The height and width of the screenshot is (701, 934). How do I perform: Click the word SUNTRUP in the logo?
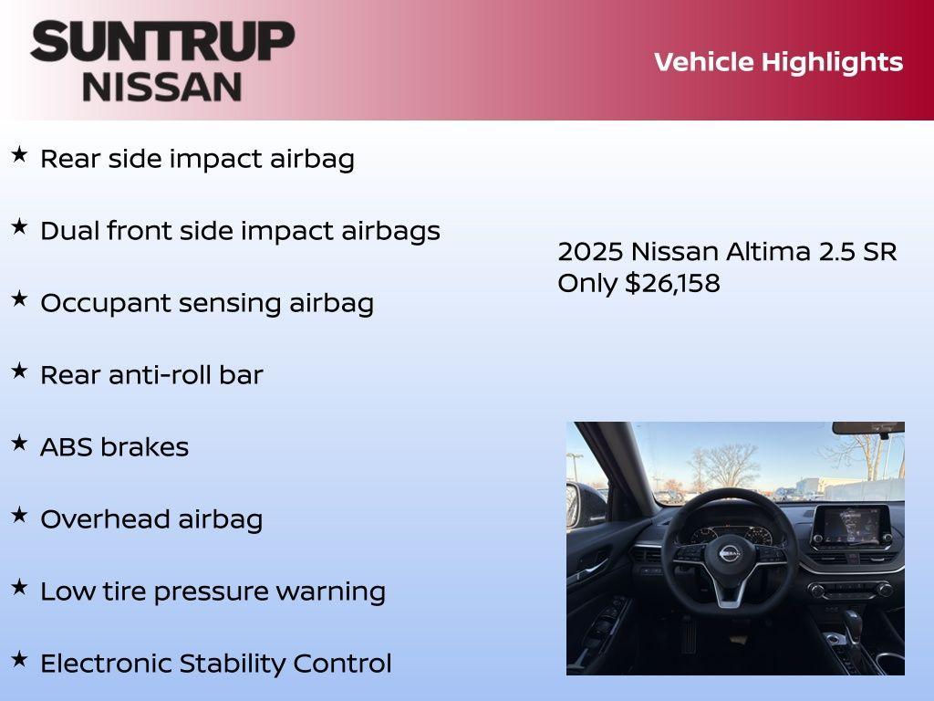162,42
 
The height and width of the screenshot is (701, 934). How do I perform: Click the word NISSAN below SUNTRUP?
162,86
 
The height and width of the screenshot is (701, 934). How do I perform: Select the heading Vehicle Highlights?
778,62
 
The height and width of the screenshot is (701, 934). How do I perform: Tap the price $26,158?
672,283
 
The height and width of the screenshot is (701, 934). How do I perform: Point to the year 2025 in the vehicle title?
590,252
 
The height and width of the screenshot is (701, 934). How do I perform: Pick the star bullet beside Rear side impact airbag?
19,155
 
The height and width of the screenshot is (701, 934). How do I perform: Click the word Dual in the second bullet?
70,231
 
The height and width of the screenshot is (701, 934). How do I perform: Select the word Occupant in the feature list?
100,303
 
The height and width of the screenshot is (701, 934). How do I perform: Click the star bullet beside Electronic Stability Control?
19,659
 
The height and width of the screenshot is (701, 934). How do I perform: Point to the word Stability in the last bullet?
233,664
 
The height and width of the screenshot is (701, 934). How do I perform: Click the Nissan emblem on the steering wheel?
731,553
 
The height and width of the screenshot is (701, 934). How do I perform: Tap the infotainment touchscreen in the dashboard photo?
850,526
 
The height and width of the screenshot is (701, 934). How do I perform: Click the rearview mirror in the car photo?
867,427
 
